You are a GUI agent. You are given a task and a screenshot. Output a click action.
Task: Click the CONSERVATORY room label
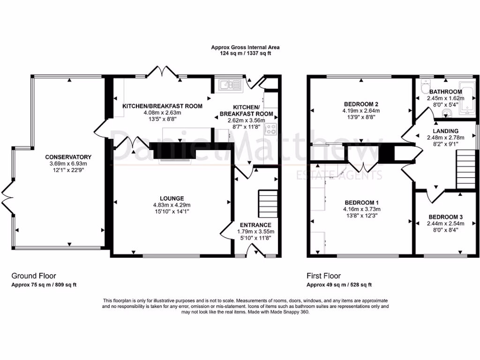tap(68, 157)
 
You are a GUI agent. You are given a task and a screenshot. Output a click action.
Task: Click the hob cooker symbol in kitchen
tap(271, 129)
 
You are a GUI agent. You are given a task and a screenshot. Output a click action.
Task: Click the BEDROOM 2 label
tap(360, 104)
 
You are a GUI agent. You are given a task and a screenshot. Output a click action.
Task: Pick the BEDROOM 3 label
tap(445, 217)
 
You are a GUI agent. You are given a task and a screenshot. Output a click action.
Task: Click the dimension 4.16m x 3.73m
tap(361, 209)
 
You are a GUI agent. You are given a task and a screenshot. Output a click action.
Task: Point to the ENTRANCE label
tap(255, 225)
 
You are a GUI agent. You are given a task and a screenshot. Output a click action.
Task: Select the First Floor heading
tap(323, 276)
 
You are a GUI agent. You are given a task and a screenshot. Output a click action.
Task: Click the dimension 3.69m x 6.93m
tap(68, 164)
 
